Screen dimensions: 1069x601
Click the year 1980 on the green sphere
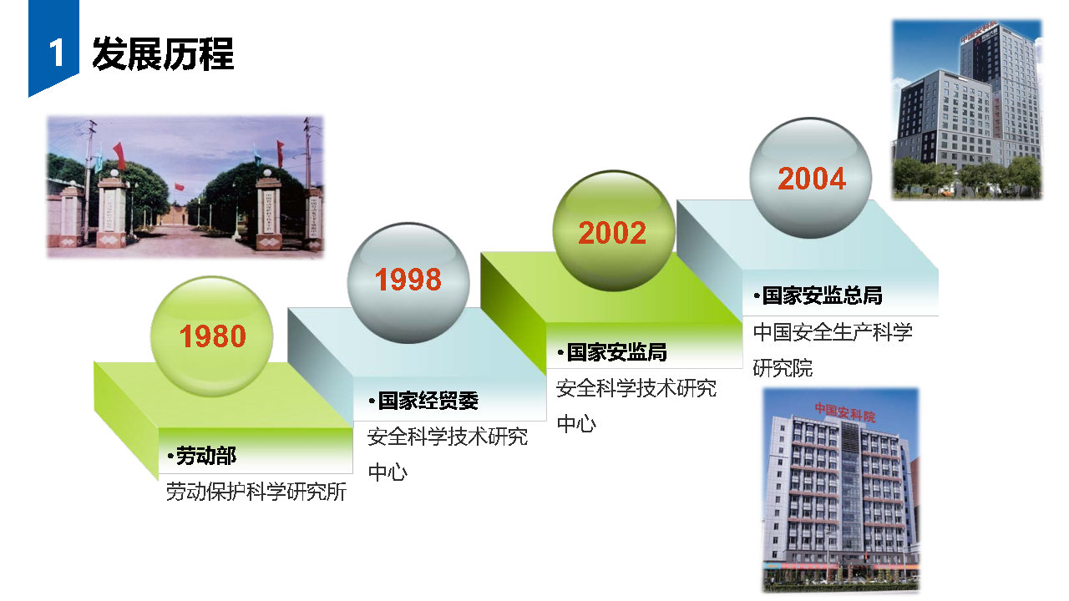click(212, 336)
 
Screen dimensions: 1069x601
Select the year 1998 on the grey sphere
click(408, 280)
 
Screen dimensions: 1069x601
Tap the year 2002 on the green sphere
click(612, 233)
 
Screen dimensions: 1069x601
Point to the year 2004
click(812, 179)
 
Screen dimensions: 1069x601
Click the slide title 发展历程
click(163, 54)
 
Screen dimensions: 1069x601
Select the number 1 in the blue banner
click(56, 53)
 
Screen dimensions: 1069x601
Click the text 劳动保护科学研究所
click(256, 492)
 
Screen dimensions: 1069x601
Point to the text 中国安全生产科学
click(833, 332)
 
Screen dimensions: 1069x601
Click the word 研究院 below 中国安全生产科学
click(783, 368)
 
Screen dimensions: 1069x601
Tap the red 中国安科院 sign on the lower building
click(844, 412)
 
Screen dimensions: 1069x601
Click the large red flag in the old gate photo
click(119, 155)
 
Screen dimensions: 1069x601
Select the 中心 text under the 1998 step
click(388, 472)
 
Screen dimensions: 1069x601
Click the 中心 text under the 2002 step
click(576, 423)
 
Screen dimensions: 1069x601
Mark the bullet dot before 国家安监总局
click(757, 296)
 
